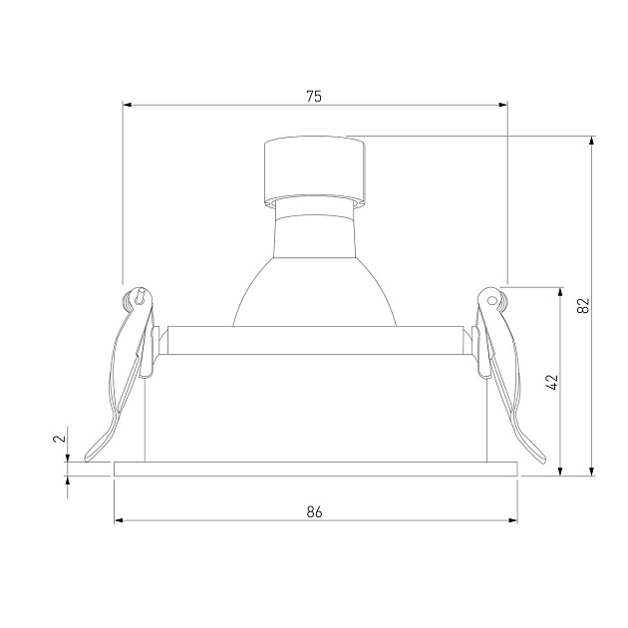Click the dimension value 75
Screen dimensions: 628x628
[x=314, y=97]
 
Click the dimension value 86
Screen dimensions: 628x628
[x=315, y=511]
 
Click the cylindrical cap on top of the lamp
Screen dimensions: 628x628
[x=315, y=169]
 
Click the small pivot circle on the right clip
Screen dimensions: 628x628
[x=491, y=295]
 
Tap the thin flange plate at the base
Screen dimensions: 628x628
[x=316, y=469]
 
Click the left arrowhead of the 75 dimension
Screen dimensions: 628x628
[x=128, y=102]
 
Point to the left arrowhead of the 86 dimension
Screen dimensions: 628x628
[x=120, y=519]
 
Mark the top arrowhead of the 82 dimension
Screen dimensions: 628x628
[x=592, y=142]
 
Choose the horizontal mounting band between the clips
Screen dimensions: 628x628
[x=315, y=342]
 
